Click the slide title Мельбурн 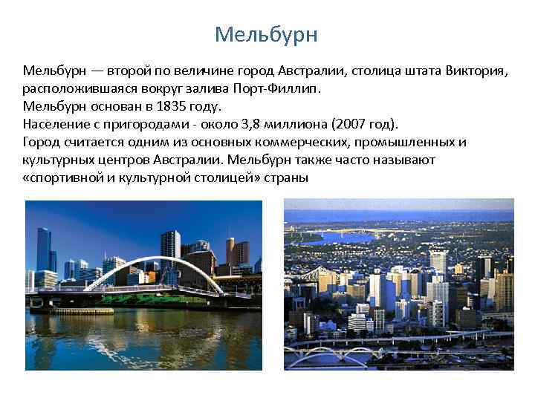coord(266,35)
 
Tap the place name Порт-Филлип coord(286,89)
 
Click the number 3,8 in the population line coord(256,123)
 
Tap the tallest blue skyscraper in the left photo coord(43,249)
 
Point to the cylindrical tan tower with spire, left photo coord(232,252)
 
